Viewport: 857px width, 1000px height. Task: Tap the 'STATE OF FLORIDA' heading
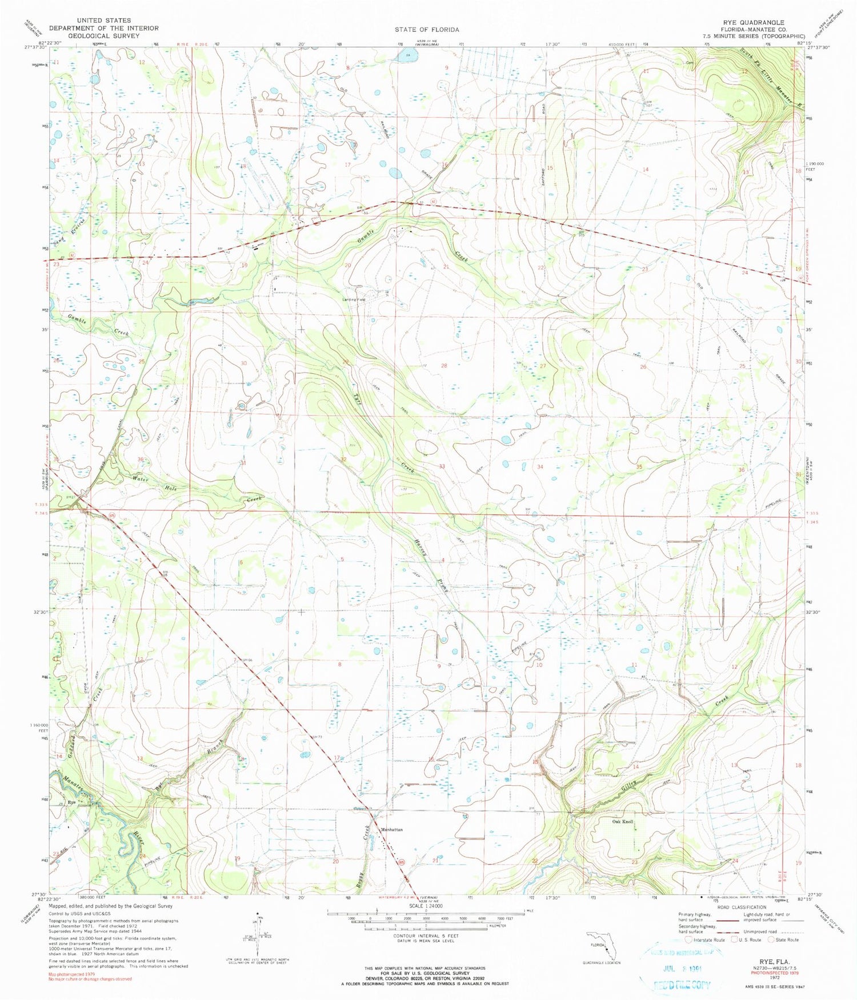click(427, 29)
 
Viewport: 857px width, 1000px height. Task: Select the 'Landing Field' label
click(354, 299)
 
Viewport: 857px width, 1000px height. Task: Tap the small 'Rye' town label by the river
click(72, 802)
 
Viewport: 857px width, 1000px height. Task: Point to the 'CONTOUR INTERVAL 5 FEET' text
click(426, 936)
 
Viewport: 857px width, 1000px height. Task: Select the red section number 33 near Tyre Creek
click(442, 466)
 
